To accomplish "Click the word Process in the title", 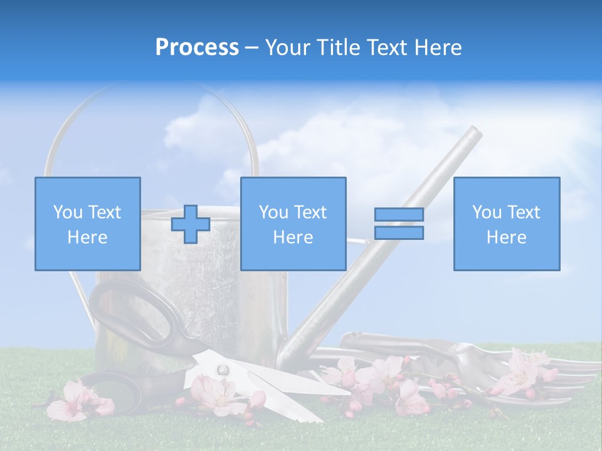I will [197, 47].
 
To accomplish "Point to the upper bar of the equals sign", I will [399, 214].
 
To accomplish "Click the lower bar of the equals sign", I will [399, 233].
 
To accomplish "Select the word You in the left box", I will [67, 212].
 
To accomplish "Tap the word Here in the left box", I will [87, 237].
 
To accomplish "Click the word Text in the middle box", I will [310, 212].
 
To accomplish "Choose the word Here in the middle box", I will [293, 237].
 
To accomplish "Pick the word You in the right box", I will [486, 212].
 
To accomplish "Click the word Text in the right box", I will [523, 212].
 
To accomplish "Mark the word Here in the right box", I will [506, 237].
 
